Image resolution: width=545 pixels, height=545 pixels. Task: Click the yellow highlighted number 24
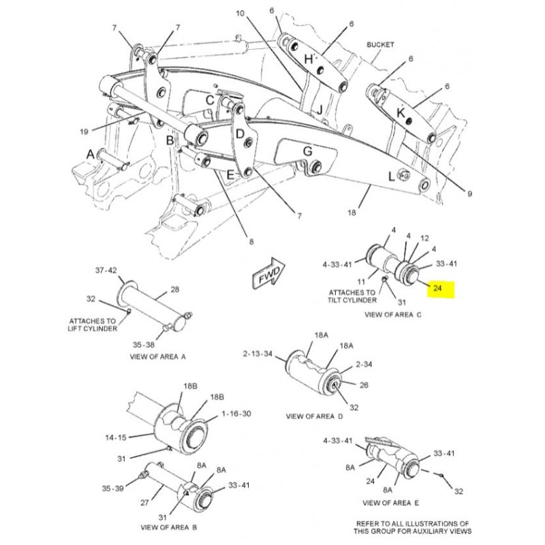pos(438,289)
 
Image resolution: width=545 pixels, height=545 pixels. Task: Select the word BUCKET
pos(381,44)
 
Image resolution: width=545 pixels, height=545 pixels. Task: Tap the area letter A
pos(90,155)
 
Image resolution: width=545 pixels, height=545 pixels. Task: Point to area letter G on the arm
pos(307,151)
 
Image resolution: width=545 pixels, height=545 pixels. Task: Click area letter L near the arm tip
pos(392,176)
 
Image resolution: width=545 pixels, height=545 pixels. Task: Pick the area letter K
pos(401,111)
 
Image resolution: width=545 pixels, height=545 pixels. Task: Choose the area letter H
pos(308,59)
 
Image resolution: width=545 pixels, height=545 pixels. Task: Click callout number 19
pos(84,131)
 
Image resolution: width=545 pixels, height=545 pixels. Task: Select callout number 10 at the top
pos(240,13)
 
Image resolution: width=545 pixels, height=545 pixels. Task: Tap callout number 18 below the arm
pos(352,213)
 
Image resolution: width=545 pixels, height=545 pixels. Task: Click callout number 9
pos(469,194)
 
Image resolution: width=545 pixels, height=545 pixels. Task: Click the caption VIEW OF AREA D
pos(314,415)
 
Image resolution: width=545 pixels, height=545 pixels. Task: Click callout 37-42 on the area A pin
pos(106,270)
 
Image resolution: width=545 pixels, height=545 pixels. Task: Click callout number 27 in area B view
pos(144,502)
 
